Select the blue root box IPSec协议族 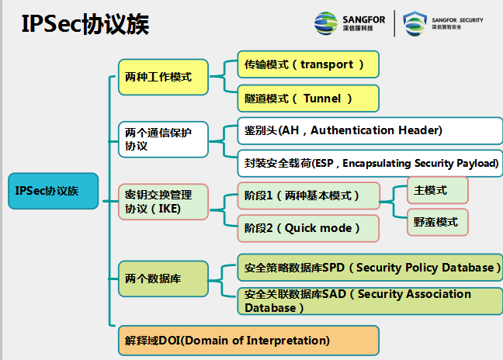tap(53, 190)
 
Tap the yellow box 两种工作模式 tap(163, 77)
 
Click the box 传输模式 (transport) tap(308, 64)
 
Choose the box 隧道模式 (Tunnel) tap(308, 99)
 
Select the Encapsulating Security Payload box tap(369, 163)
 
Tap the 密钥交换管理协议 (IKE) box tap(163, 201)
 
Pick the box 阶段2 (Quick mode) tap(308, 228)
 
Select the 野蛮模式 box tap(438, 222)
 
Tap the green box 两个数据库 tap(163, 278)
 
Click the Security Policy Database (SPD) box tap(369, 268)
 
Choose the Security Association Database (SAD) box tap(369, 301)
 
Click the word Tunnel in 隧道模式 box tap(327, 99)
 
